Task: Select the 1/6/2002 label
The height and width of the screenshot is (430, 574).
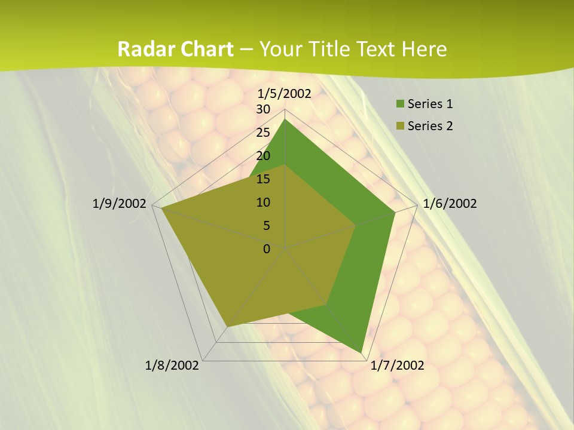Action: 450,204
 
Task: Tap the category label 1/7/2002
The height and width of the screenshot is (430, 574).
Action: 398,365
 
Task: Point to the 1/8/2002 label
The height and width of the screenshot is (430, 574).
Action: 172,365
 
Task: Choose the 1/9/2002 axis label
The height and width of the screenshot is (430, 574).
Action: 120,204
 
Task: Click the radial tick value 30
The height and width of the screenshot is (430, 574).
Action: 263,109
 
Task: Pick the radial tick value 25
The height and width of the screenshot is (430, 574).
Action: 263,133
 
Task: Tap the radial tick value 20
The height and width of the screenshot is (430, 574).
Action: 263,156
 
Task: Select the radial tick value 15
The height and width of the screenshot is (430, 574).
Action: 263,179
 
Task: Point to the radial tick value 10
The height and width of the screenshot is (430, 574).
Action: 263,202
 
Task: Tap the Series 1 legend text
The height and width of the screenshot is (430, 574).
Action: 430,104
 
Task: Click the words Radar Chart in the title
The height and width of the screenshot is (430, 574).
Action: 175,49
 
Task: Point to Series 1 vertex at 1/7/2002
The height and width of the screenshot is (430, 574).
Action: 361,352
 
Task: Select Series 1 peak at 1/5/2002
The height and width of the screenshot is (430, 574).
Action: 285,119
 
